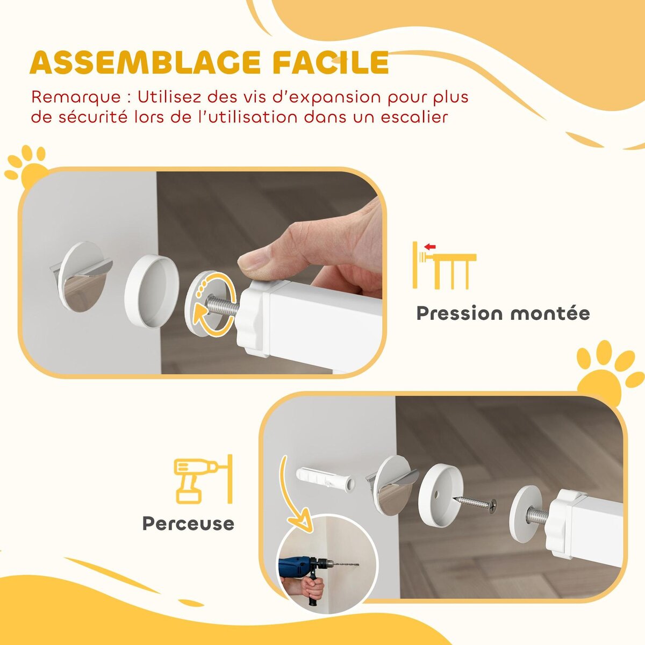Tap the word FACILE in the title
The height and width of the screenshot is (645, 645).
(x=330, y=63)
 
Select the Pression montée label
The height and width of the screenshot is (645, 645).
(x=503, y=313)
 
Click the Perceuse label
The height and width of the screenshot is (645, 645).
(x=188, y=523)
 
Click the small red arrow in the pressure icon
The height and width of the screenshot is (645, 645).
(x=429, y=247)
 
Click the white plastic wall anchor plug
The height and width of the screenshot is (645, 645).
(x=325, y=480)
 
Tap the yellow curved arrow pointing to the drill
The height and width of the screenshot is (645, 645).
(x=293, y=494)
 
